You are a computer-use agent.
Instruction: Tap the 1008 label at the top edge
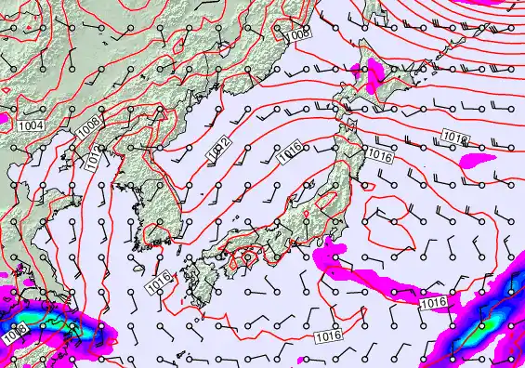coord(297,34)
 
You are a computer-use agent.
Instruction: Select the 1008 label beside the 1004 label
coord(89,123)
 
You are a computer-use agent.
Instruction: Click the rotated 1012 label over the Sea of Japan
coord(219,147)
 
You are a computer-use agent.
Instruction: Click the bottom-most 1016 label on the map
coord(327,335)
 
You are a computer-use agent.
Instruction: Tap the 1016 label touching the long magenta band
coord(433,303)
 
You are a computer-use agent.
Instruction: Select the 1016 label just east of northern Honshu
coord(379,156)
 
